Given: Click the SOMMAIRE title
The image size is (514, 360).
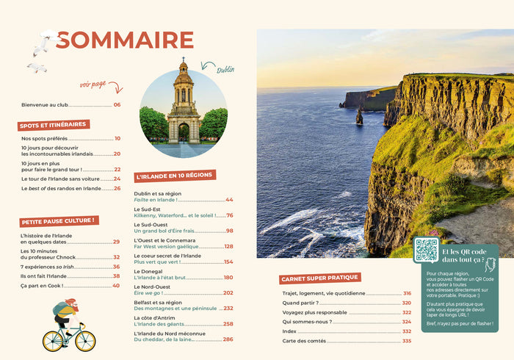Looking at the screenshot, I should click(x=125, y=40).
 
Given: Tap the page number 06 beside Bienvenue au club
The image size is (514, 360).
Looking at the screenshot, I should click(x=117, y=105).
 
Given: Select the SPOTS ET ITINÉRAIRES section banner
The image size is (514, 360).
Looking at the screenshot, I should click(x=54, y=125).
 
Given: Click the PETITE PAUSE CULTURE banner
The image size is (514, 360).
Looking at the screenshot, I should click(x=58, y=220).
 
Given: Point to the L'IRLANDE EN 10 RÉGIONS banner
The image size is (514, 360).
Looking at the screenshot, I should click(x=174, y=176).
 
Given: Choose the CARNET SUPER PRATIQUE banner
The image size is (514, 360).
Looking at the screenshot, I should click(x=319, y=278).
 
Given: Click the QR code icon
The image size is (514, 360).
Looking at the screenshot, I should click(x=426, y=250).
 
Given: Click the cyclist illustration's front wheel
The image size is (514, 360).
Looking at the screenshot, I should click(x=86, y=340).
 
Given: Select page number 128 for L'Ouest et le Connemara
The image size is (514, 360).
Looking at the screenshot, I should click(x=228, y=246).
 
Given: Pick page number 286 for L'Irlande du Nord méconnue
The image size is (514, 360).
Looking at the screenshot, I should click(x=228, y=339).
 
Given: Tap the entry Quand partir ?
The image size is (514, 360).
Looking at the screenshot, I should click(x=300, y=303).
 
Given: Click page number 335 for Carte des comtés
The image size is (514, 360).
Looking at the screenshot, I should click(x=407, y=341).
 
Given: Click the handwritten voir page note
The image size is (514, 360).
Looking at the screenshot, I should click(x=93, y=85).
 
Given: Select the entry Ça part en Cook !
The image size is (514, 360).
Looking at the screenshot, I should click(x=40, y=285).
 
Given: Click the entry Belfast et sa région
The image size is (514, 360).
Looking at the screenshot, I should click(x=158, y=302).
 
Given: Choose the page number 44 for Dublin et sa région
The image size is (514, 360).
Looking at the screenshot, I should click(x=229, y=200).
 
